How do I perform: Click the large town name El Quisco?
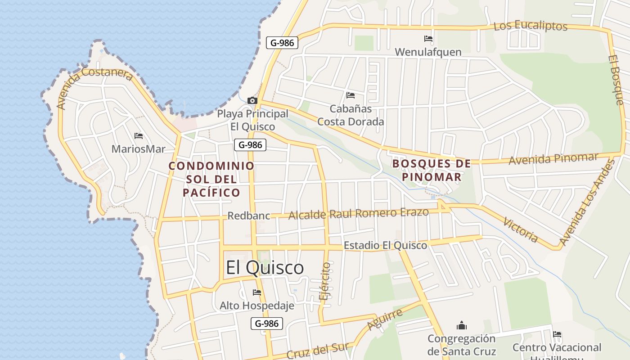click(x=265, y=268)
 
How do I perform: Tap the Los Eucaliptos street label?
click(x=531, y=26)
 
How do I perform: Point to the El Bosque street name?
click(x=616, y=80)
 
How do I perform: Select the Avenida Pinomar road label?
click(x=553, y=159)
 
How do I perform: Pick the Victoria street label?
click(x=521, y=229)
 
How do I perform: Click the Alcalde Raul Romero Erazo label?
click(x=358, y=214)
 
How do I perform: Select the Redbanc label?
click(x=249, y=216)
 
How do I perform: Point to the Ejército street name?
click(x=324, y=281)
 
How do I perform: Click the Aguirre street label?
click(x=384, y=319)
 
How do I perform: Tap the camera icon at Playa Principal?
click(x=252, y=100)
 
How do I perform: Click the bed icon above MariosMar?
click(x=139, y=135)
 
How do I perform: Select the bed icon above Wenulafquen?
click(x=428, y=39)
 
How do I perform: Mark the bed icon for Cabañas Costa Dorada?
click(x=351, y=95)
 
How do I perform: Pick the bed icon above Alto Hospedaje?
click(x=257, y=292)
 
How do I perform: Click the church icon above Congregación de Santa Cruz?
click(x=462, y=325)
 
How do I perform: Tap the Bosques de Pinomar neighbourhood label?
click(x=432, y=170)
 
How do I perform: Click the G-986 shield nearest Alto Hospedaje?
click(x=266, y=323)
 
